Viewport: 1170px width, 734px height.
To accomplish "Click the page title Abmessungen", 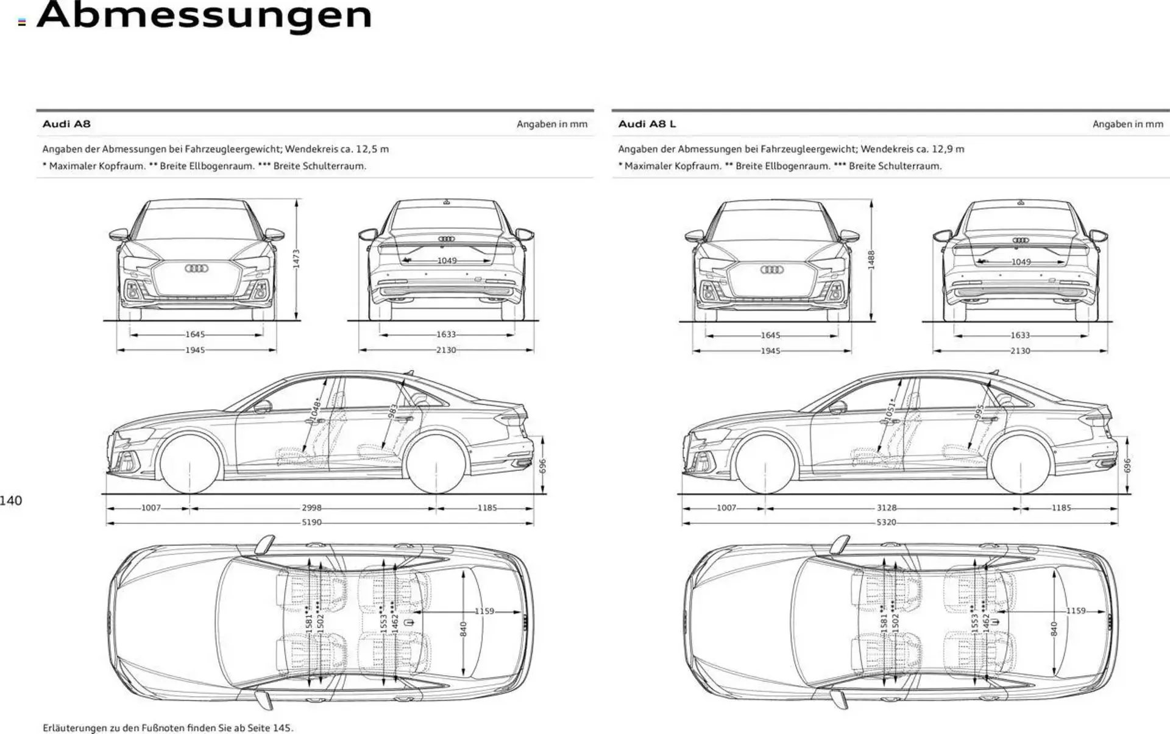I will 204,15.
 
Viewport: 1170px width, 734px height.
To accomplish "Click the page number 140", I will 11,501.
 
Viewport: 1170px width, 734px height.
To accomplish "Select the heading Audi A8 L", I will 647,124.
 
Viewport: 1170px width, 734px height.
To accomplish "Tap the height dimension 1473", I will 296,258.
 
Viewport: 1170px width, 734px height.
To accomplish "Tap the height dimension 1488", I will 871,259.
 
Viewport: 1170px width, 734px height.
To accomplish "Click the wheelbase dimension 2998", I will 311,507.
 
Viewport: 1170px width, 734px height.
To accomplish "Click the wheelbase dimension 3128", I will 887,507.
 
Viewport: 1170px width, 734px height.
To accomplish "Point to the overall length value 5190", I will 311,522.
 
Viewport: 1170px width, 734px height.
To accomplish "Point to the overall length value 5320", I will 887,522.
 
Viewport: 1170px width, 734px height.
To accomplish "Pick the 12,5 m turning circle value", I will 372,149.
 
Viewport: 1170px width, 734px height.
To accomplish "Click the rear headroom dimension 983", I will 393,412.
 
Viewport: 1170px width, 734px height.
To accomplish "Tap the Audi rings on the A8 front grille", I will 196,269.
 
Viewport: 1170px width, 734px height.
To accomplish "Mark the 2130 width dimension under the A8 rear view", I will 446,350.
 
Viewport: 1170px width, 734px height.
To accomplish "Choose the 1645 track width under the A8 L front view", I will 770,335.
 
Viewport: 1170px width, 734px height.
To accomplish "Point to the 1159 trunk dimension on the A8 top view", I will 484,611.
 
